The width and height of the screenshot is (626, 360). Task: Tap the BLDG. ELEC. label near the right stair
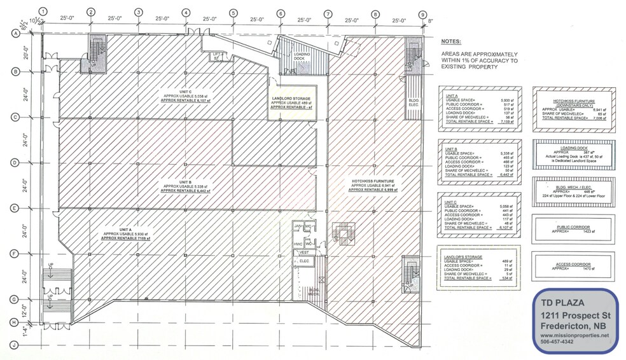pyautogui.click(x=414, y=102)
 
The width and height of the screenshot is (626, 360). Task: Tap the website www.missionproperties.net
pyautogui.click(x=570, y=335)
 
